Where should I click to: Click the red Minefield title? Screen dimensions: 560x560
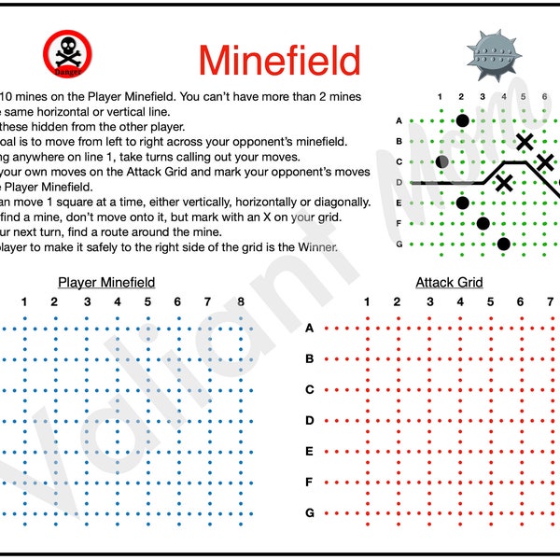[x=279, y=61]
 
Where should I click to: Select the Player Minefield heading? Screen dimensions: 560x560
[x=106, y=282]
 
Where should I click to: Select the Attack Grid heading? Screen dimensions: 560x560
[x=449, y=282]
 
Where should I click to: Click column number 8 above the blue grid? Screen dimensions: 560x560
[x=241, y=301]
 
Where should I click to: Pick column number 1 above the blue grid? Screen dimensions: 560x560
[x=24, y=301]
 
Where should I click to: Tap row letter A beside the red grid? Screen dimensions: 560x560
[x=309, y=329]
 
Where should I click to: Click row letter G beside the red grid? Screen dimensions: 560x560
[x=309, y=513]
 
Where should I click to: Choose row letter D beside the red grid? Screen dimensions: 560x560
[x=309, y=421]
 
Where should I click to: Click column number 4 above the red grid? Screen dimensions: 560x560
[x=460, y=301]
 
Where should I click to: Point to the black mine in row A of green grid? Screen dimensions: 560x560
[x=462, y=120]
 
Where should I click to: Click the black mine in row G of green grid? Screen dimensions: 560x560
[x=504, y=244]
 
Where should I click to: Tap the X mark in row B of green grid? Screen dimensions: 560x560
[x=525, y=142]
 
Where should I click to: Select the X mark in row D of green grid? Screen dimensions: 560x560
[x=504, y=182]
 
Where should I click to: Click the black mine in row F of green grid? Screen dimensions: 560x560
[x=483, y=223]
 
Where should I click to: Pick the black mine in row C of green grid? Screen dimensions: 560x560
[x=442, y=161]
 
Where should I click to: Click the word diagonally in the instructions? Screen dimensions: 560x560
[x=337, y=203]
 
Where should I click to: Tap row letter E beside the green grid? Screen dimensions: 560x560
[x=399, y=203]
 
